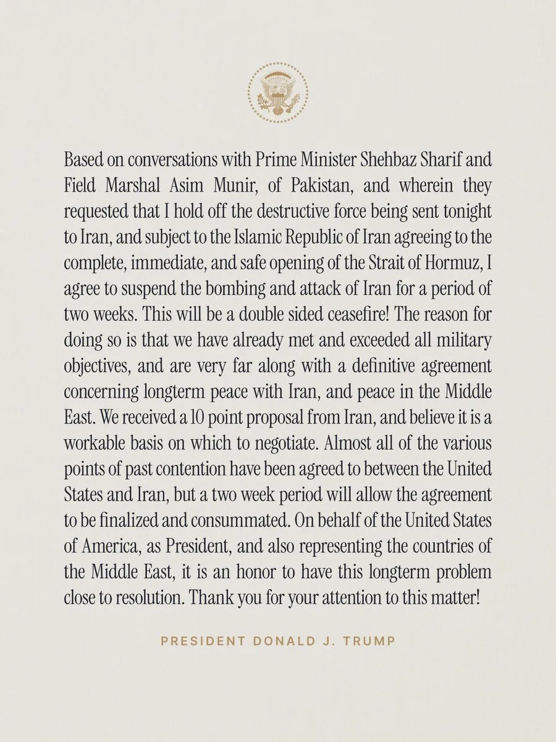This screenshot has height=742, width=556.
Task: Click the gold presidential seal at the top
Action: coord(277,93)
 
